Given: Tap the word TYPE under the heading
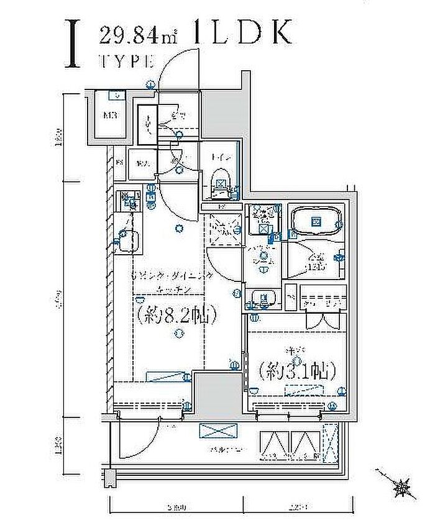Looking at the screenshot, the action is [127, 62].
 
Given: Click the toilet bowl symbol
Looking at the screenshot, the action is [221, 184].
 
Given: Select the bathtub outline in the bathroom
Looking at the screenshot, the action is [315, 221].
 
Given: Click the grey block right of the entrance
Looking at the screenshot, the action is [219, 112].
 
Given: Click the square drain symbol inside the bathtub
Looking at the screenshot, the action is [316, 221].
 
